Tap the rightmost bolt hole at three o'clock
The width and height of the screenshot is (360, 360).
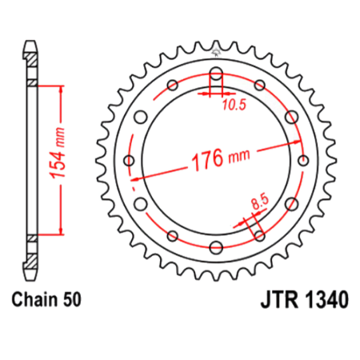302,160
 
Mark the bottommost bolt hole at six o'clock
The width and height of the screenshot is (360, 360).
217,246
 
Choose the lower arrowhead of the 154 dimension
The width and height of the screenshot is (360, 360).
58,232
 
